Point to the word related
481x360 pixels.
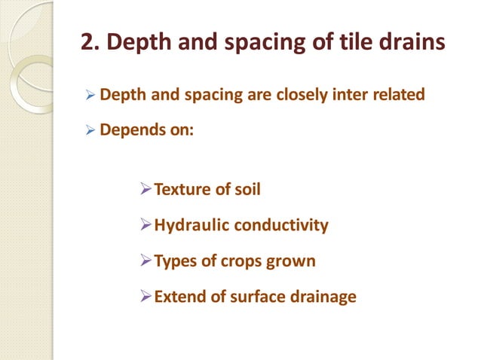(396, 96)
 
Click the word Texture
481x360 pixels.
(181, 189)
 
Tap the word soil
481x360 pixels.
(247, 189)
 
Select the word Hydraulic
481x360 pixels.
(191, 225)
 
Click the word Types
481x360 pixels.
(175, 261)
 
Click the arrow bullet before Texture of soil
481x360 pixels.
(146, 189)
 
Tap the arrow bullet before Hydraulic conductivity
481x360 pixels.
(146, 225)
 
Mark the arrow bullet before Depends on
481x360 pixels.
(90, 130)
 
